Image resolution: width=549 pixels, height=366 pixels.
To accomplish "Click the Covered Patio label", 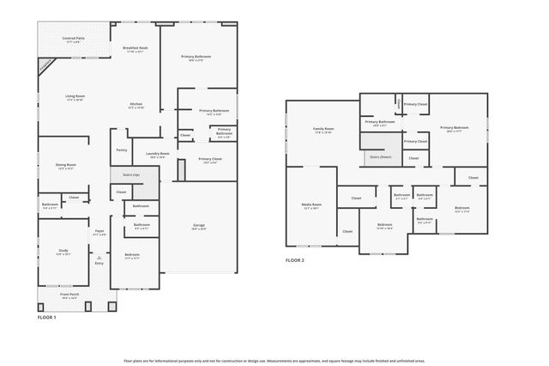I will point(73,40).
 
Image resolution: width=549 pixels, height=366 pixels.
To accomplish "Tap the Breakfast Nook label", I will point(136,49).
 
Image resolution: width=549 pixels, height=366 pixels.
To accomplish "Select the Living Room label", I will point(75,97).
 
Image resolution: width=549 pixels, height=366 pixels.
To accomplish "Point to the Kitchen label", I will point(136,105).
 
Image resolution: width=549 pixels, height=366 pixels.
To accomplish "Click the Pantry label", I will point(121,150).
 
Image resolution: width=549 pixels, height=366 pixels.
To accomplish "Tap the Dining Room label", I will point(66,166).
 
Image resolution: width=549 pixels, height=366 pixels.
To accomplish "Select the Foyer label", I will point(100,233).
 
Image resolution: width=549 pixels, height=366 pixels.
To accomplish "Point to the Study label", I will point(63,252).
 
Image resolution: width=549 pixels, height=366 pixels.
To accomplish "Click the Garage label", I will point(198,227).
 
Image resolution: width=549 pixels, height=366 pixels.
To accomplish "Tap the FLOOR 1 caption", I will point(46,318).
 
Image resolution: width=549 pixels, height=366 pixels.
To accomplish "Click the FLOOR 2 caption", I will point(296,259).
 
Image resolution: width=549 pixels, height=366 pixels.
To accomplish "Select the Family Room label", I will point(323,130).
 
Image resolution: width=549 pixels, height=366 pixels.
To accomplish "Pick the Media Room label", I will point(311,206).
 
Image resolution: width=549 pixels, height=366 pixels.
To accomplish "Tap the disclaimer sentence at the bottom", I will point(274,361).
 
